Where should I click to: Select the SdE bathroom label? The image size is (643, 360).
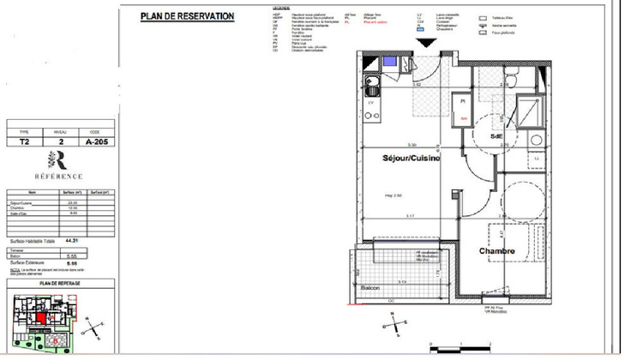(496, 137)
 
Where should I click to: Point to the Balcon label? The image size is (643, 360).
(370, 288)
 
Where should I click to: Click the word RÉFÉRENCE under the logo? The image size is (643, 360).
(58, 176)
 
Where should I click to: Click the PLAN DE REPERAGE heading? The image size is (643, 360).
(58, 283)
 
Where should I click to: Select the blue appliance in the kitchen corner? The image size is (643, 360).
(391, 62)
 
